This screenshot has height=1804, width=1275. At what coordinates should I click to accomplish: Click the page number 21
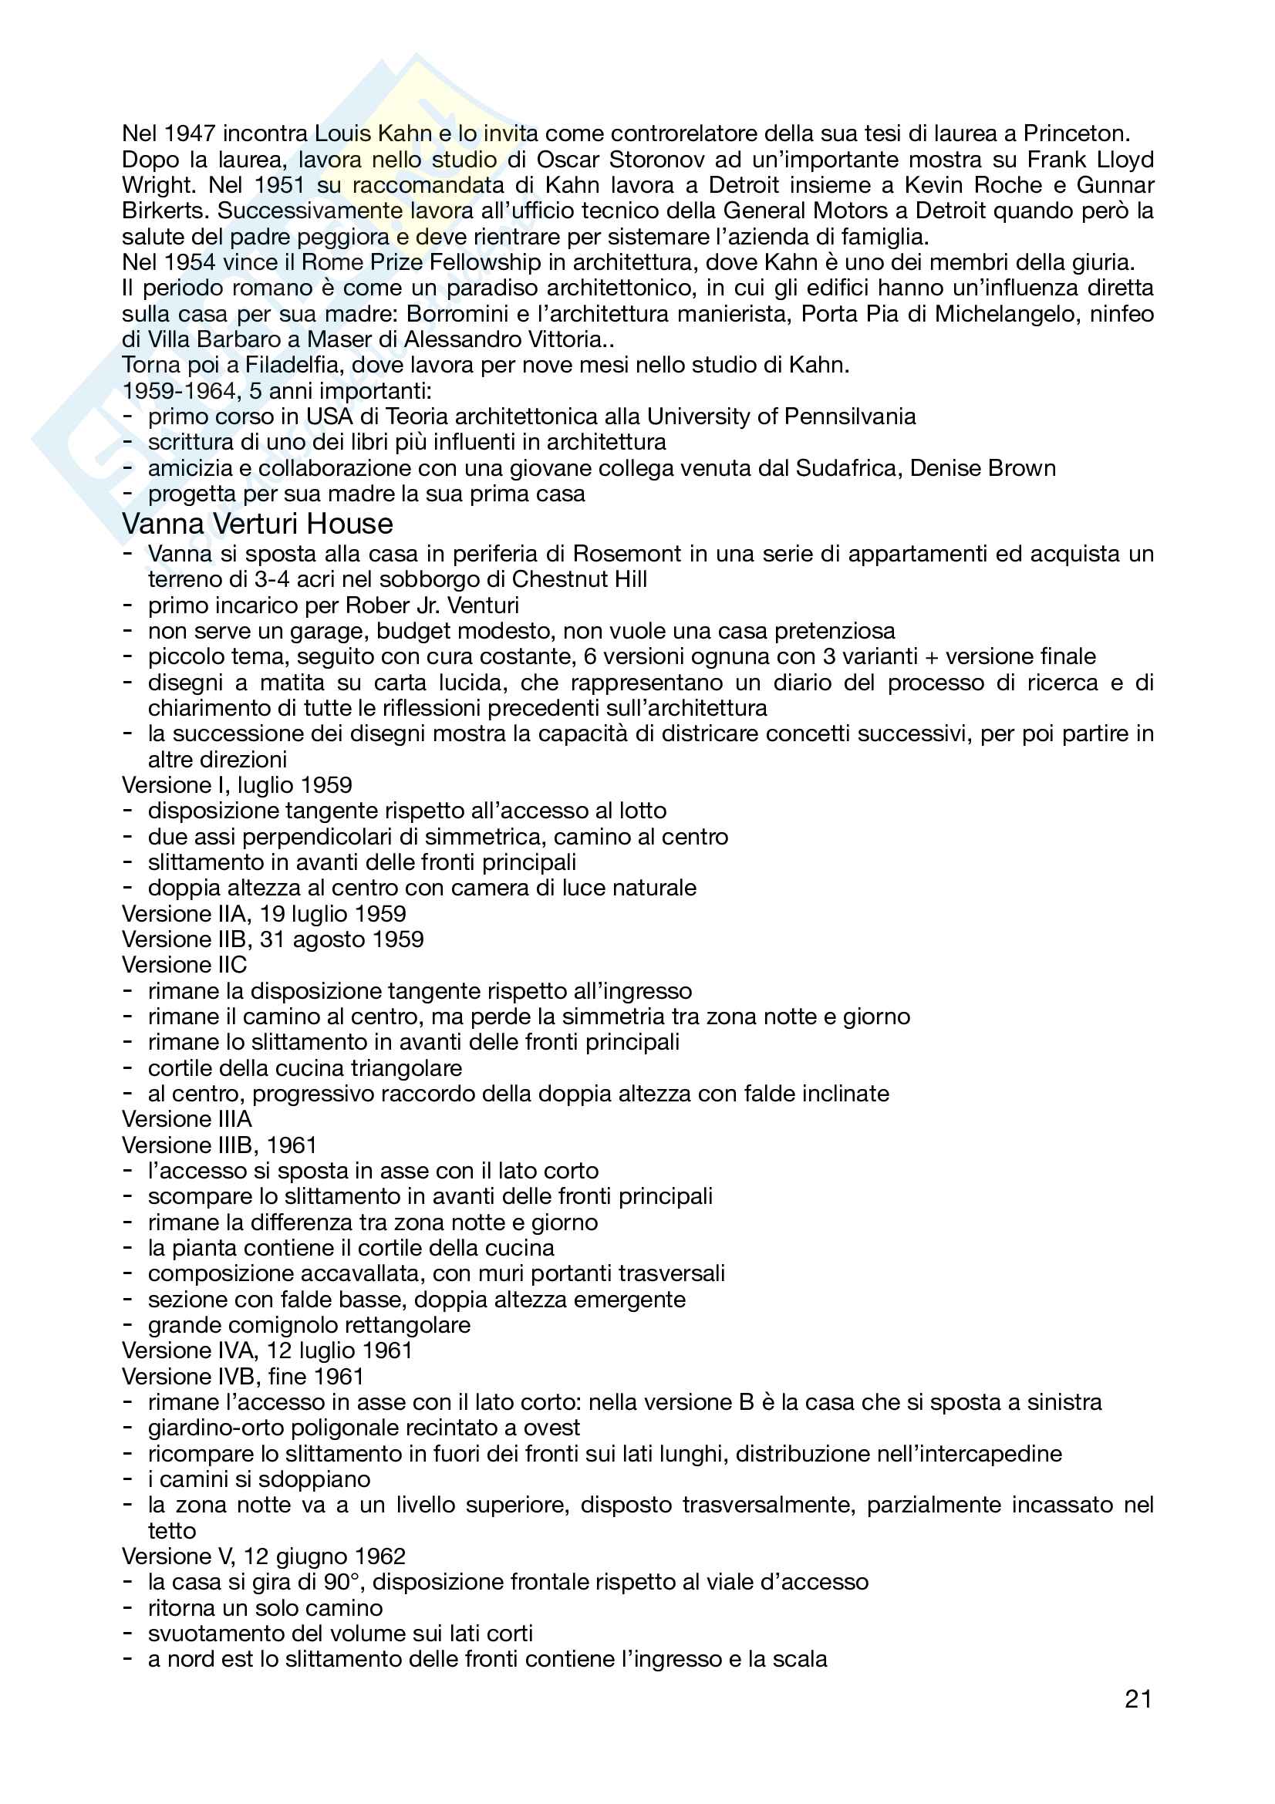(1138, 1698)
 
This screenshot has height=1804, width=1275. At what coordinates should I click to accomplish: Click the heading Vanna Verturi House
(257, 524)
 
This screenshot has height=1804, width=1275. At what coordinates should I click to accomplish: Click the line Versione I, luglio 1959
(237, 785)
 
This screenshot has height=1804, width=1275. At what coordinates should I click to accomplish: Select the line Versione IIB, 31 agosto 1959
(272, 939)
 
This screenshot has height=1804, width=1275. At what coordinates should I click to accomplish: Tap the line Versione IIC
(184, 965)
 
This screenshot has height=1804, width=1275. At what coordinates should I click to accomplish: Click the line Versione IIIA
(186, 1120)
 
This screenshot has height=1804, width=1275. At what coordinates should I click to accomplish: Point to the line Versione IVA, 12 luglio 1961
(267, 1350)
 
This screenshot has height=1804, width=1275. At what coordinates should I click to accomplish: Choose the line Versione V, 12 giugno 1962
(263, 1556)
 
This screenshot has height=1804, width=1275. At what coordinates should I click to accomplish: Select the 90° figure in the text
(340, 1583)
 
